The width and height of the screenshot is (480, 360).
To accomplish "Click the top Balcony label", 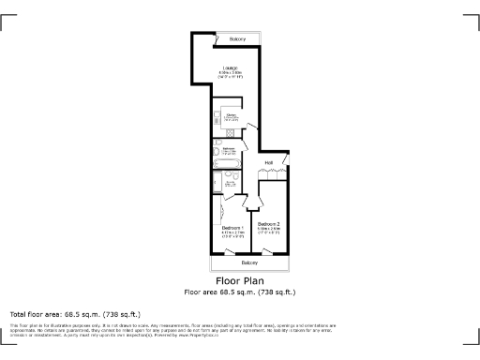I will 224,38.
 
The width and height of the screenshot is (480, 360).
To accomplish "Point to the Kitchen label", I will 230,115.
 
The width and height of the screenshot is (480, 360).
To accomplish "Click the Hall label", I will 269,163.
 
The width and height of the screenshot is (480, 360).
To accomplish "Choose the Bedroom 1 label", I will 232,228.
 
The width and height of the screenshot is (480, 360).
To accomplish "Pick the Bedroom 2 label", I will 269,223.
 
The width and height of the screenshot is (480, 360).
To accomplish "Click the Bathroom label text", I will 228,147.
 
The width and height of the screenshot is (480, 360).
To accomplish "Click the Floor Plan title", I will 239,280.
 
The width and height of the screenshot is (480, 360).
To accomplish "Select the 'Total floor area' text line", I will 75,313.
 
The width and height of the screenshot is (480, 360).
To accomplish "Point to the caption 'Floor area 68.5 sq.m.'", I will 239,292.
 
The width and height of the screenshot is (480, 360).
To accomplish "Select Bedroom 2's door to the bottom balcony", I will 270,250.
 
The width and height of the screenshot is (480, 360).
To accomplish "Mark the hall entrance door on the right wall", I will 288,160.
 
